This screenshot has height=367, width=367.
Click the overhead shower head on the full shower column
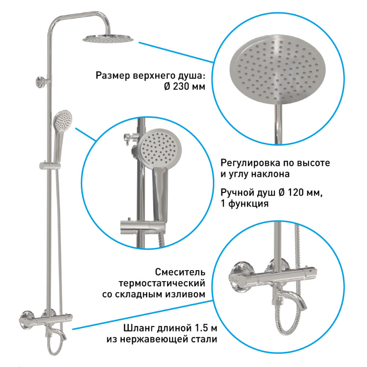click(x=108, y=39)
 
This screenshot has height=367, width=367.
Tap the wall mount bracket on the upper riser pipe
click(x=42, y=82)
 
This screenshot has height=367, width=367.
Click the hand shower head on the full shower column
click(x=63, y=121)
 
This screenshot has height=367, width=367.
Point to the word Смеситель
click(x=180, y=272)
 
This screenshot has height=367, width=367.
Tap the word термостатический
click(x=162, y=283)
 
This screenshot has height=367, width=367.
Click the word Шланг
click(x=139, y=328)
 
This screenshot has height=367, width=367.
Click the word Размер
click(x=113, y=76)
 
